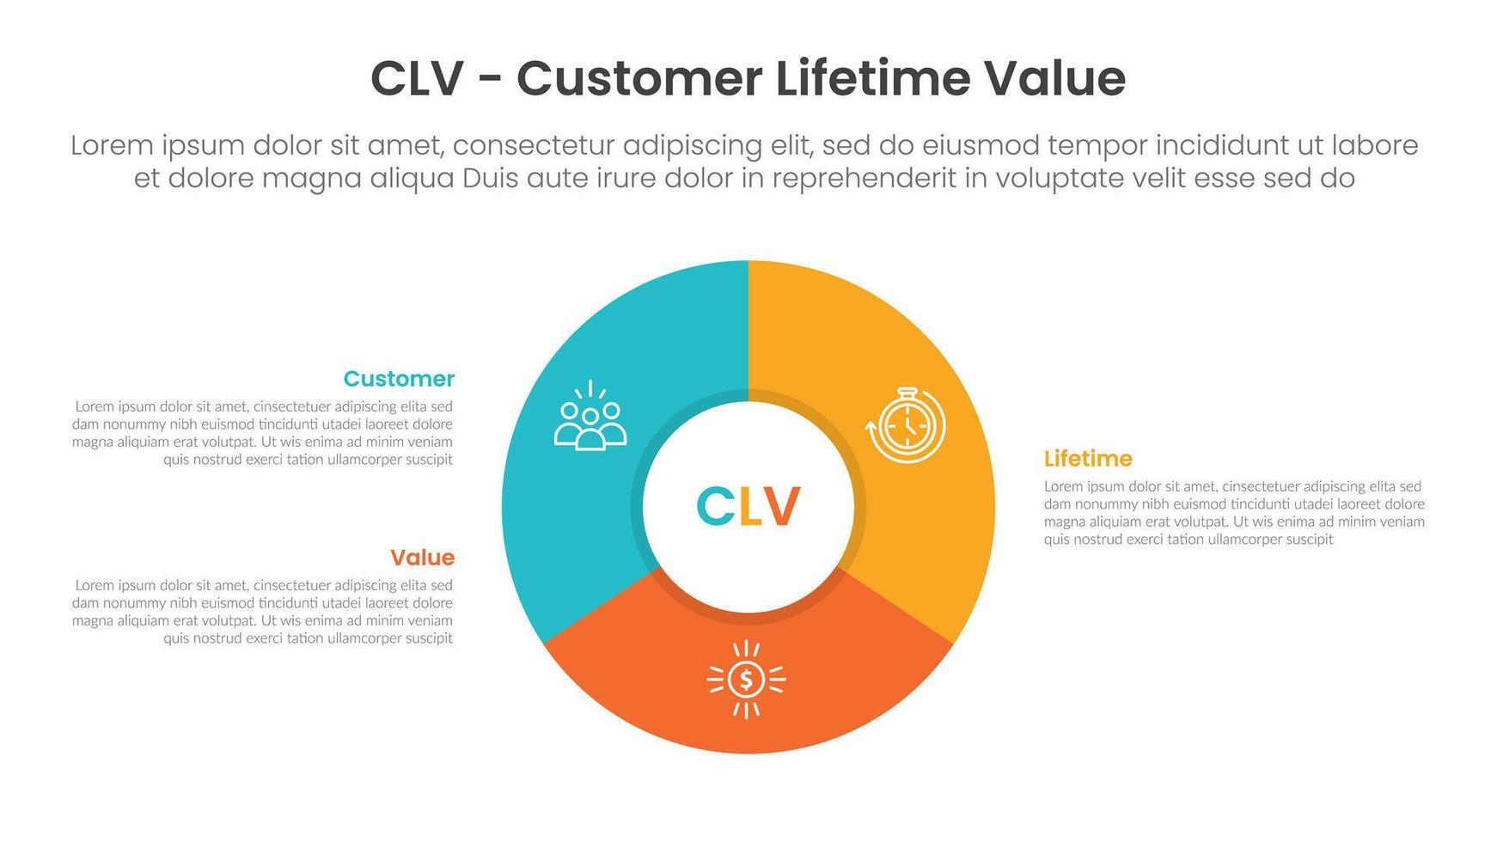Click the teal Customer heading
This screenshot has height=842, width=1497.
click(399, 379)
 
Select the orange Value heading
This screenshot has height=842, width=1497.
click(422, 558)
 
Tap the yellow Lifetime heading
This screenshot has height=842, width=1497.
click(1088, 459)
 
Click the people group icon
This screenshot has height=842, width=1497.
click(590, 416)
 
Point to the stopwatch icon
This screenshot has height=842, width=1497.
click(906, 425)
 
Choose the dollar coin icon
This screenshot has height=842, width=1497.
click(746, 680)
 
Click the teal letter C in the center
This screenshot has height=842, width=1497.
click(715, 506)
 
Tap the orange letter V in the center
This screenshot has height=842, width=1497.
click(781, 506)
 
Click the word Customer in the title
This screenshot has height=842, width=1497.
click(639, 79)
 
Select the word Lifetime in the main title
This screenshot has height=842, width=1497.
click(873, 78)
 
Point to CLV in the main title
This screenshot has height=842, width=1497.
click(418, 79)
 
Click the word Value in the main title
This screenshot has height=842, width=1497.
click(1054, 78)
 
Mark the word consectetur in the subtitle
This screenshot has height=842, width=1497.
click(534, 145)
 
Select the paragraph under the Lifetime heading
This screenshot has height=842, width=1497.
click(1234, 513)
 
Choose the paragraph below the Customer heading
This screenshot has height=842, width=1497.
click(263, 433)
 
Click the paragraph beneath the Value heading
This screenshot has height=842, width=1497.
click(263, 612)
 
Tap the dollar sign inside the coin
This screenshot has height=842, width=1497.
click(746, 680)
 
